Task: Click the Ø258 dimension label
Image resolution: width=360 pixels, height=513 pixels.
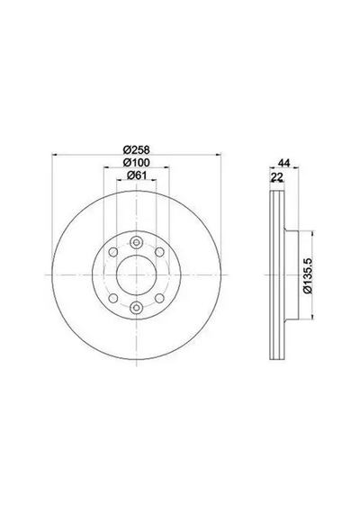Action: click(137, 149)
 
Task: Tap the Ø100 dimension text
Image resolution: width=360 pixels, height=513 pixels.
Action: click(137, 163)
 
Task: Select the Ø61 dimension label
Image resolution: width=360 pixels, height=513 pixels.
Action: click(137, 175)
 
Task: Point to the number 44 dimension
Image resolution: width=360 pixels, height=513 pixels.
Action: click(283, 163)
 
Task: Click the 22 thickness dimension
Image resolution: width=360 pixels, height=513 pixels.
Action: click(277, 177)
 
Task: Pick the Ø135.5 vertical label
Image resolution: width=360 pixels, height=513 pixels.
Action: click(309, 275)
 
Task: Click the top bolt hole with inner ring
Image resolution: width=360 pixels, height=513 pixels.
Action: click(136, 242)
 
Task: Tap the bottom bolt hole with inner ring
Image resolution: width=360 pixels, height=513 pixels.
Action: click(136, 308)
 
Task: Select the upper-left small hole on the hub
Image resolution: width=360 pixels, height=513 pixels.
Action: click(113, 252)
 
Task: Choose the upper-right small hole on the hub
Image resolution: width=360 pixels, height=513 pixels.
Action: click(159, 252)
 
